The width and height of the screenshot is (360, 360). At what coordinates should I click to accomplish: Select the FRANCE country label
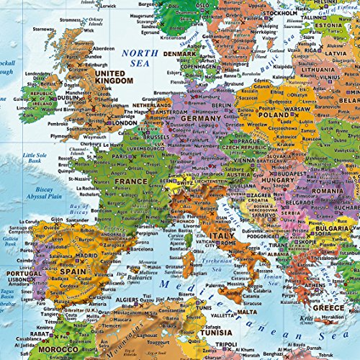click(130, 181)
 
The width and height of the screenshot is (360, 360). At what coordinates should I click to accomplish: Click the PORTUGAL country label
click(24, 274)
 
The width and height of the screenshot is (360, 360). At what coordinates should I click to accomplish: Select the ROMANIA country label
click(336, 192)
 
